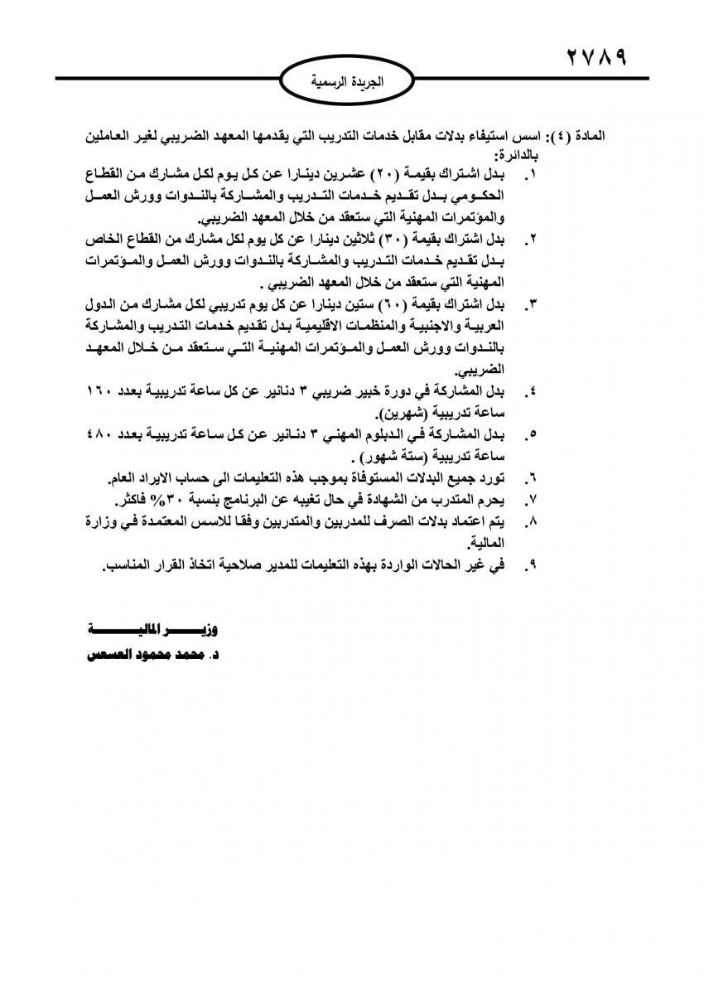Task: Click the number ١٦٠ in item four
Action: (x=101, y=390)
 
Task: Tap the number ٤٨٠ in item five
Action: (x=101, y=433)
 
